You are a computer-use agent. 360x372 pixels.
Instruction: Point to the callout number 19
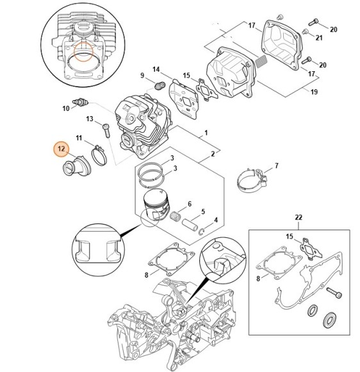tap(315, 92)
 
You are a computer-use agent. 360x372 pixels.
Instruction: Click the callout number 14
tap(156, 69)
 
